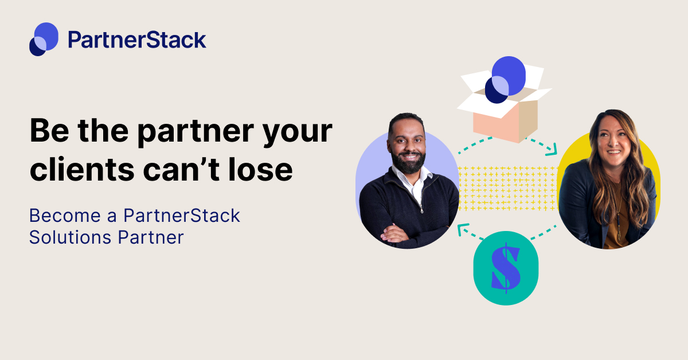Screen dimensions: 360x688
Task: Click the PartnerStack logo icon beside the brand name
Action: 44,39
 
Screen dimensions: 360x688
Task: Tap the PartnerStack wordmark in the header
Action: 136,40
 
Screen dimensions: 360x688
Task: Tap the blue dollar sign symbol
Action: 506,268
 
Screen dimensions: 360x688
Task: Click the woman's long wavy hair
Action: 636,172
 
